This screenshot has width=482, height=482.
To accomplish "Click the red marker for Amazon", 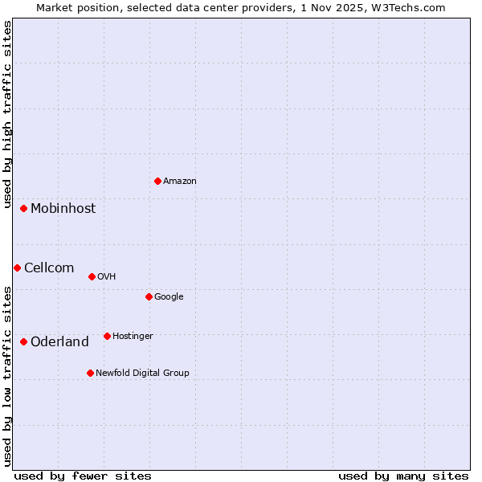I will (157, 181).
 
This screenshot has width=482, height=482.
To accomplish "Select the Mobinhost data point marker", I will (24, 208).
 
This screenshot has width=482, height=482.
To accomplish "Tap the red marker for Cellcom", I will (17, 268).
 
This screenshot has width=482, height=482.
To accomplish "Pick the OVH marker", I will (92, 276).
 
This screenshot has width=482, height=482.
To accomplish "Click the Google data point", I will (149, 296).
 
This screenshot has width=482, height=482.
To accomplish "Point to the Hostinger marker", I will (107, 336).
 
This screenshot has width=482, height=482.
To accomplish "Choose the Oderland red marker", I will (24, 341).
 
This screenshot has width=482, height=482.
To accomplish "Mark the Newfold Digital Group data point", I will (90, 373).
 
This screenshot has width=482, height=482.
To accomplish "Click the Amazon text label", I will (180, 181).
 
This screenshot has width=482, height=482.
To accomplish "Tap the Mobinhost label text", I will (63, 208).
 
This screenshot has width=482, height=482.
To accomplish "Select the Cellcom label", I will (49, 268).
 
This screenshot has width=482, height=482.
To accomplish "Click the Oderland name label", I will (59, 341).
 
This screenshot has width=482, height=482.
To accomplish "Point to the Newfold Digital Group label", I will (142, 373).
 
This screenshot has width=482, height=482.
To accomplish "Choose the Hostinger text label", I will (133, 336).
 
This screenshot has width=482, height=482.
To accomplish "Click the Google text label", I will (169, 296).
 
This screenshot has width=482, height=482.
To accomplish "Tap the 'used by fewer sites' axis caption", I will (83, 476).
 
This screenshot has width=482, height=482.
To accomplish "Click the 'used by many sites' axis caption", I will (403, 476).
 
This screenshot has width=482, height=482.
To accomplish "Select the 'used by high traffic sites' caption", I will (7, 115).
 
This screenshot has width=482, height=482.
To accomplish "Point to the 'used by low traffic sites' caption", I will (7, 376).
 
